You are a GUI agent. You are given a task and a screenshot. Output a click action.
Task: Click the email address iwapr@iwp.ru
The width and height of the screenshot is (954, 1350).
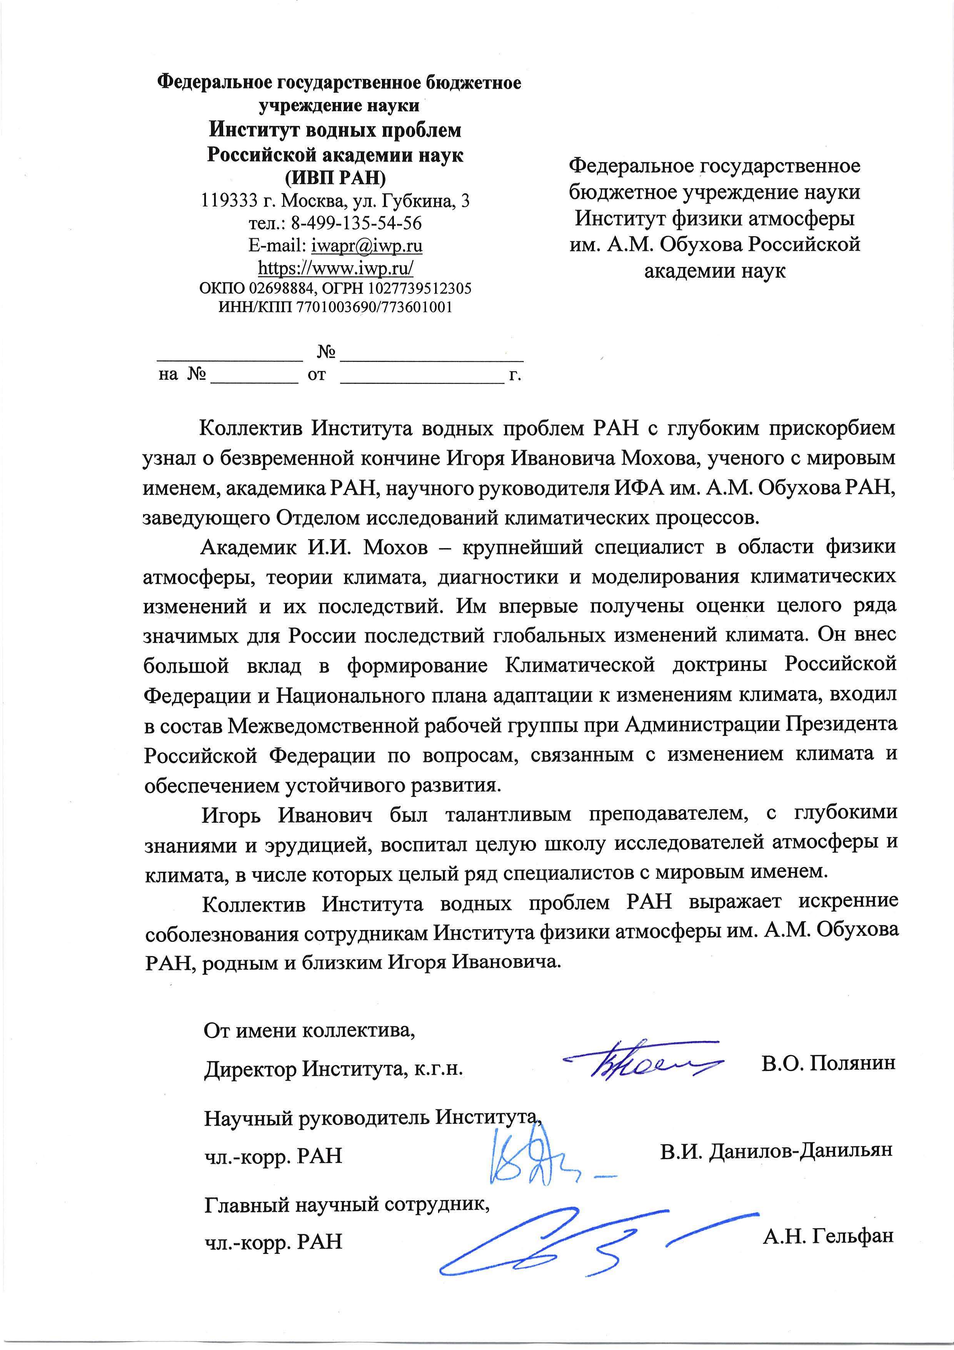pyautogui.click(x=366, y=245)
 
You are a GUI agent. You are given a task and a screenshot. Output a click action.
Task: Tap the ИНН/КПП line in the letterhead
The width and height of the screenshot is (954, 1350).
pyautogui.click(x=335, y=307)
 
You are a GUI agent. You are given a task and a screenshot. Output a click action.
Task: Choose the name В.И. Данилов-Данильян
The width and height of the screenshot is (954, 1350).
pyautogui.click(x=776, y=1150)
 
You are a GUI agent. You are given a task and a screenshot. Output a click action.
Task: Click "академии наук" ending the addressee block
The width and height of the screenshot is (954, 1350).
pyautogui.click(x=715, y=271)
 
